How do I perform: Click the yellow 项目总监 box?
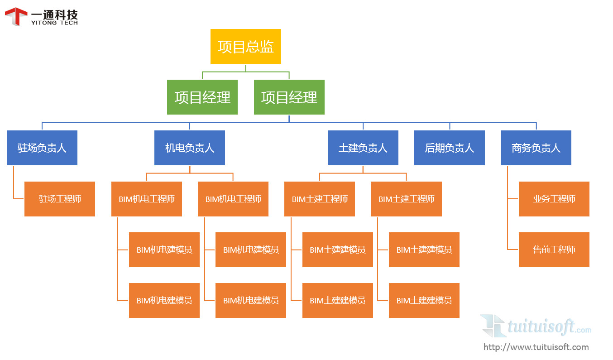[245, 46]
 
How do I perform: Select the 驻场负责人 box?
[42, 148]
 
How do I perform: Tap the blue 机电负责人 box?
[189, 148]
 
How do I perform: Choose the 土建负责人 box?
[363, 148]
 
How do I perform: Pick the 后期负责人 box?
[449, 148]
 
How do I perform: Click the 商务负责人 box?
[536, 148]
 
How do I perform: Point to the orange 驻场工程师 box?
[60, 199]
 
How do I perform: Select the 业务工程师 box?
[554, 199]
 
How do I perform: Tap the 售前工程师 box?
[554, 250]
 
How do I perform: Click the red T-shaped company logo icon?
[16, 16]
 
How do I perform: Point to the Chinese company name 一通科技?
[54, 14]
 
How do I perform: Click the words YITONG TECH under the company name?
[54, 23]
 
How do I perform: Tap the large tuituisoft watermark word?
[541, 326]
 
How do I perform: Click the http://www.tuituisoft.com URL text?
[536, 347]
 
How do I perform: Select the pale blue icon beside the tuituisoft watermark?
[493, 326]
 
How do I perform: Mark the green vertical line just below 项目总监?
[246, 68]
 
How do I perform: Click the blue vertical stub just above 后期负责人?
[450, 126]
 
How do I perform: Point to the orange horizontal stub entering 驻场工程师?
[19, 198]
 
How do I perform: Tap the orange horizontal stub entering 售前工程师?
[513, 250]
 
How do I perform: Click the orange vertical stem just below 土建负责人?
[363, 169]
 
